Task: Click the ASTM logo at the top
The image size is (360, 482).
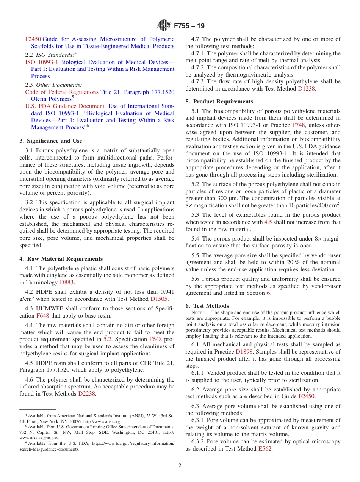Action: [x=164, y=26]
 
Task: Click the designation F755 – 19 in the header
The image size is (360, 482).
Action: [x=189, y=26]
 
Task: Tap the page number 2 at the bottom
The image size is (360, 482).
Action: [x=180, y=466]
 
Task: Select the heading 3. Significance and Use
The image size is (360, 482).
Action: [x=50, y=141]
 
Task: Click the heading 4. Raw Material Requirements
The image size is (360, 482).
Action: [x=61, y=259]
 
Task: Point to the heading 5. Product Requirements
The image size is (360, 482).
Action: [x=219, y=102]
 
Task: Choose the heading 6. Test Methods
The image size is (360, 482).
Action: [x=207, y=306]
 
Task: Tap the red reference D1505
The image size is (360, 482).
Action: [x=159, y=299]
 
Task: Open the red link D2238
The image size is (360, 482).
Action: [x=87, y=394]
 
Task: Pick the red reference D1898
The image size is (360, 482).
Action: [x=244, y=352]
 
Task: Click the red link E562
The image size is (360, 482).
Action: [x=265, y=449]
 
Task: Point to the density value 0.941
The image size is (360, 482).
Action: [x=167, y=292]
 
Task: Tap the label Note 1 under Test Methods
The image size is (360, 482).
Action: [x=200, y=313]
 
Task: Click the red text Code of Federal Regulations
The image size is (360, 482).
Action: [x=62, y=92]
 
